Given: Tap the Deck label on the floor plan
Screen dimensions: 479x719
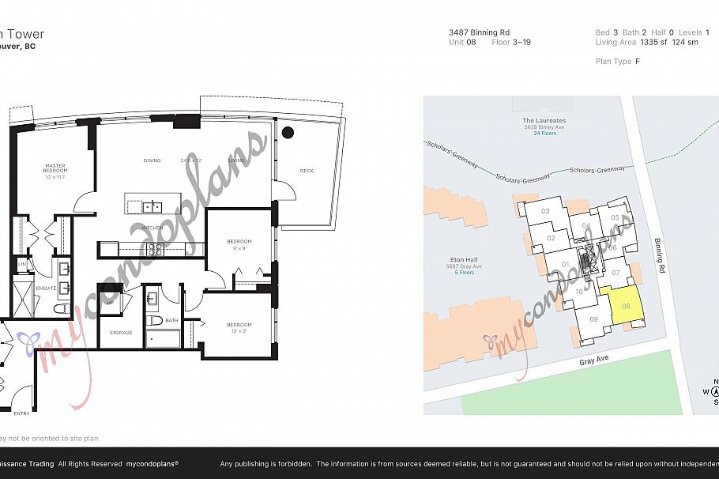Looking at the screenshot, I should (307, 171).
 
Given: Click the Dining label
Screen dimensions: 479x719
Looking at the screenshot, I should (152, 160).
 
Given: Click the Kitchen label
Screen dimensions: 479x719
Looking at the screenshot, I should (152, 228).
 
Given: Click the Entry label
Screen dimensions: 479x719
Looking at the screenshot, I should (21, 413).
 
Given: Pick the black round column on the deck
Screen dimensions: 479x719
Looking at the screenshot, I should (288, 133).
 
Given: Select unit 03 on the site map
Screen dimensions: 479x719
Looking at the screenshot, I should (545, 211).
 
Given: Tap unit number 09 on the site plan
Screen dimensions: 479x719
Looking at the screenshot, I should (594, 319).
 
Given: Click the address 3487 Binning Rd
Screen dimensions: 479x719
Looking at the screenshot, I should (473, 32).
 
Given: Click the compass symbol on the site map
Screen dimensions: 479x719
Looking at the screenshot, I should (715, 391).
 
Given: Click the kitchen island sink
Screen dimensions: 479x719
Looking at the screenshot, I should (152, 207).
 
